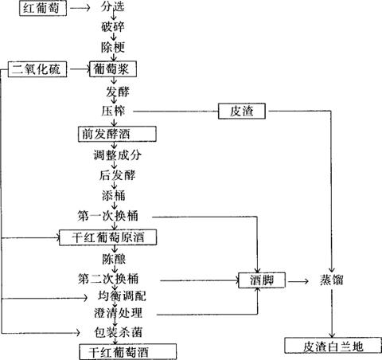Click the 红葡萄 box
click(43, 8)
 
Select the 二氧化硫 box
click(37, 69)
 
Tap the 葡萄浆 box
click(113, 69)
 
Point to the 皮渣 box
click(242, 111)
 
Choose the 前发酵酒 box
click(117, 134)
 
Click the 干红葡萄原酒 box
click(107, 237)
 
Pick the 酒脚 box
click(262, 280)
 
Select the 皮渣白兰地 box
click(333, 346)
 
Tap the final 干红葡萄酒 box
click(128, 352)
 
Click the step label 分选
click(112, 6)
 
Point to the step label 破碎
click(113, 27)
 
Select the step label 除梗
click(113, 47)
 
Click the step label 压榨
click(113, 111)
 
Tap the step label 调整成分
click(117, 155)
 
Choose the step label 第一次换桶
click(107, 216)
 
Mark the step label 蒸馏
click(332, 280)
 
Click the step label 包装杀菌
click(119, 332)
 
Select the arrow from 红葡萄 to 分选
click(80, 8)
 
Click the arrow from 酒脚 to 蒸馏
click(298, 281)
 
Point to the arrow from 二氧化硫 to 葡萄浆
click(79, 69)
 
